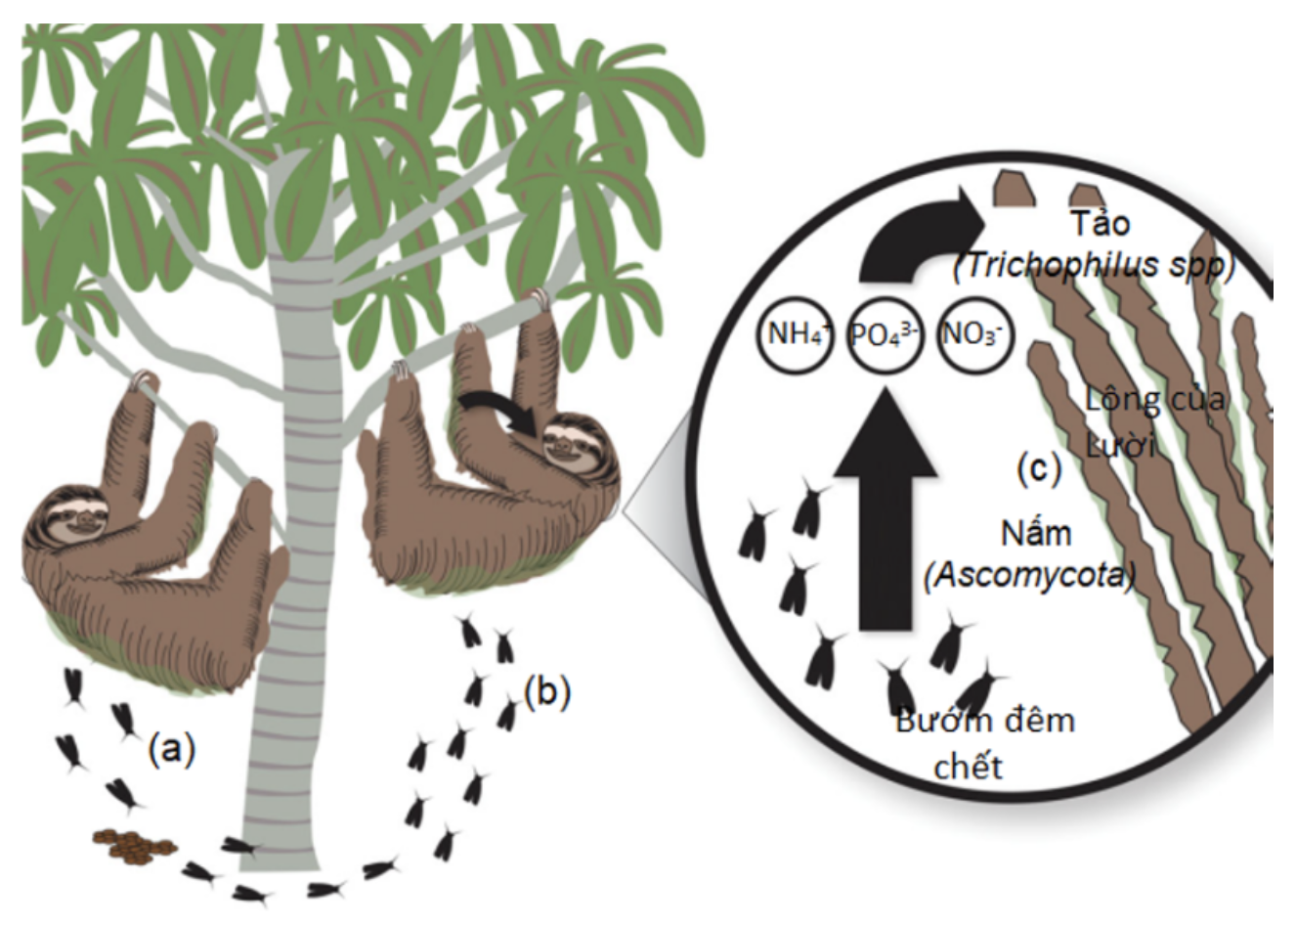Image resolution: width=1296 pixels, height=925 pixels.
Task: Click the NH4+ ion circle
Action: click(x=796, y=336)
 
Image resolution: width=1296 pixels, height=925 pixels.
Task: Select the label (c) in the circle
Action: click(x=1038, y=469)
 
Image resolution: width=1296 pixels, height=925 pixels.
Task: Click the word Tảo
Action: click(x=1100, y=224)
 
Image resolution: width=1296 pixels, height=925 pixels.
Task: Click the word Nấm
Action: click(x=1035, y=534)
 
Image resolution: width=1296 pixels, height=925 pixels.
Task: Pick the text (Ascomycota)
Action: click(x=1029, y=576)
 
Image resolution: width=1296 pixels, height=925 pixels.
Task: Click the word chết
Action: click(x=968, y=766)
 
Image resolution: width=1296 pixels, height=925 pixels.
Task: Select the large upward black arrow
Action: click(x=886, y=518)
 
